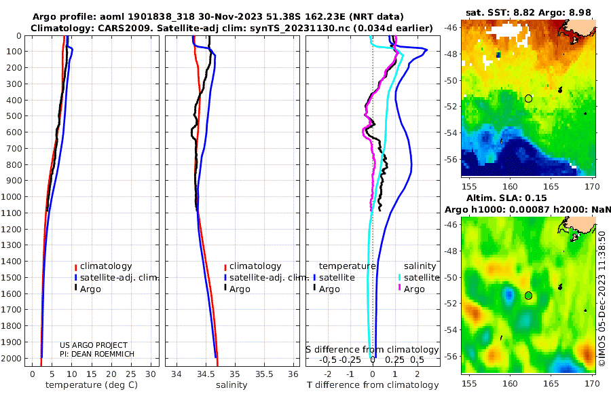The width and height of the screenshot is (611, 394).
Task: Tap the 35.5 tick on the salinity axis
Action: [264, 374]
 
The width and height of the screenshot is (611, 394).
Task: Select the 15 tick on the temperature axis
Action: [91, 374]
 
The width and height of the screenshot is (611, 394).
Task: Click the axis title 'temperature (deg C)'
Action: [92, 385]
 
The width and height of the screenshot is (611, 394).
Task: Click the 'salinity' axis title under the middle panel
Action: [232, 385]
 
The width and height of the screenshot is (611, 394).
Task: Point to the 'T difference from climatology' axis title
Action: [373, 385]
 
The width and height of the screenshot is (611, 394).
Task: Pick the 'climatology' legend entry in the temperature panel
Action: [103, 266]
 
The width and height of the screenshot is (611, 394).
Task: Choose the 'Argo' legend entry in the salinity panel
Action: [236, 289]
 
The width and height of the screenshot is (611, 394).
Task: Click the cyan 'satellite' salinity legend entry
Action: [418, 278]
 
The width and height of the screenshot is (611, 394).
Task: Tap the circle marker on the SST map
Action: [528, 98]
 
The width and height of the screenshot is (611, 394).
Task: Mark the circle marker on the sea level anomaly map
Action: [528, 295]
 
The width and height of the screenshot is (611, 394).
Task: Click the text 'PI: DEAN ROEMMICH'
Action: [97, 354]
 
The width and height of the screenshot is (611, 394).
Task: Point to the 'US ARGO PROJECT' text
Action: [94, 345]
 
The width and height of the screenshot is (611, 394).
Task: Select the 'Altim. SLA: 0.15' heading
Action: [506, 198]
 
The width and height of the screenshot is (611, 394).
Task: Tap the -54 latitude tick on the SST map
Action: [451, 133]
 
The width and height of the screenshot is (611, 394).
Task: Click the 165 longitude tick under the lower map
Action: [551, 383]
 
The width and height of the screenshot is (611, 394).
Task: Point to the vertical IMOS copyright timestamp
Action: [602, 299]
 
